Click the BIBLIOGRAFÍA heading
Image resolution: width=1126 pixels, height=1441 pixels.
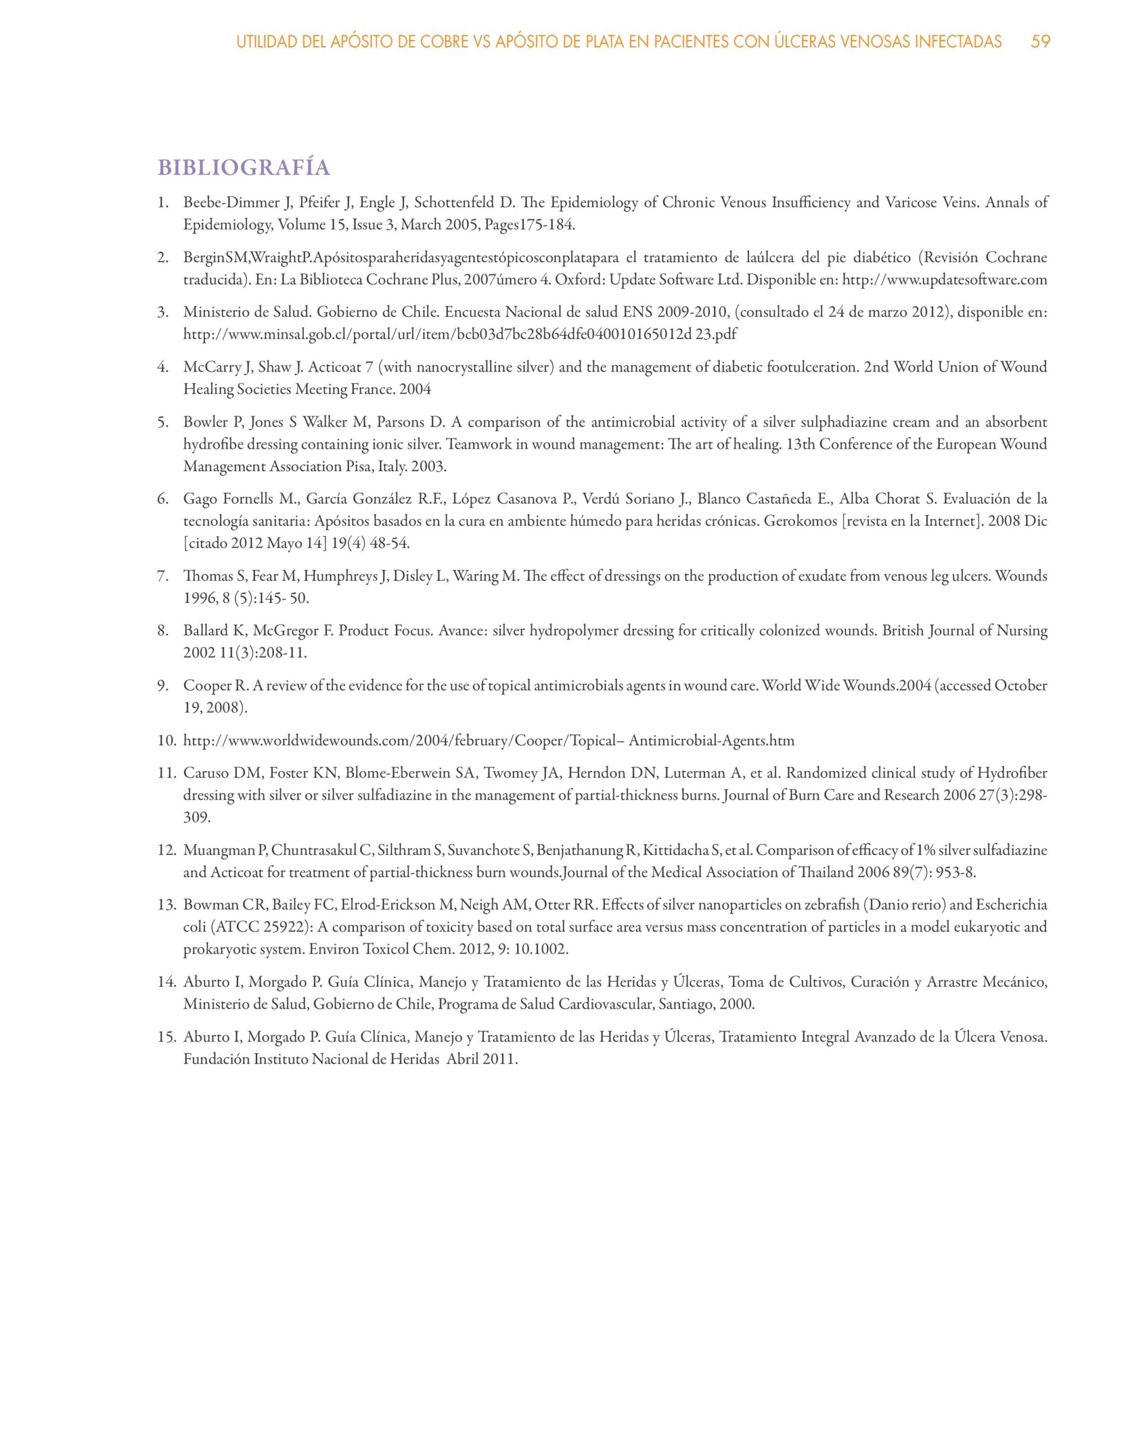[x=244, y=168]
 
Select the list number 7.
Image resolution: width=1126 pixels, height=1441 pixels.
[x=163, y=576]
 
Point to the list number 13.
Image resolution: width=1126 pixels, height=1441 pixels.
[x=165, y=905]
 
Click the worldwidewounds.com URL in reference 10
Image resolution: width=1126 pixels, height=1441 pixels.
[x=488, y=740]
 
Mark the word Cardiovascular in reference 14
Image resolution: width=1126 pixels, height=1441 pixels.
[x=593, y=1004]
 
